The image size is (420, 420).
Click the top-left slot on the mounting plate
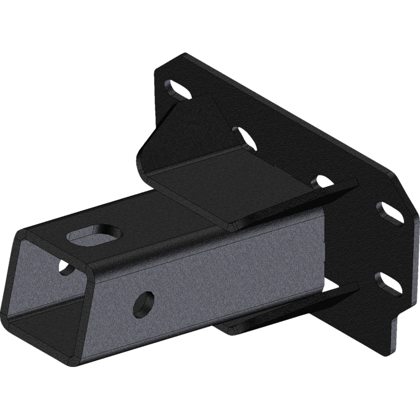pos(178,89)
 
